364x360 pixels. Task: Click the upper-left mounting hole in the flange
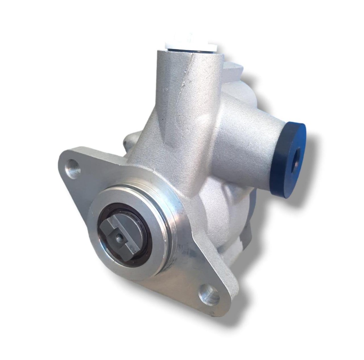(x=73, y=169)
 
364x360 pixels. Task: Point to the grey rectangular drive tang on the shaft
(x=121, y=236)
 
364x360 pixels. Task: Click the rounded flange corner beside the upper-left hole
(x=64, y=160)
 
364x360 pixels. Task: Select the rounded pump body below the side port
(x=227, y=213)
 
